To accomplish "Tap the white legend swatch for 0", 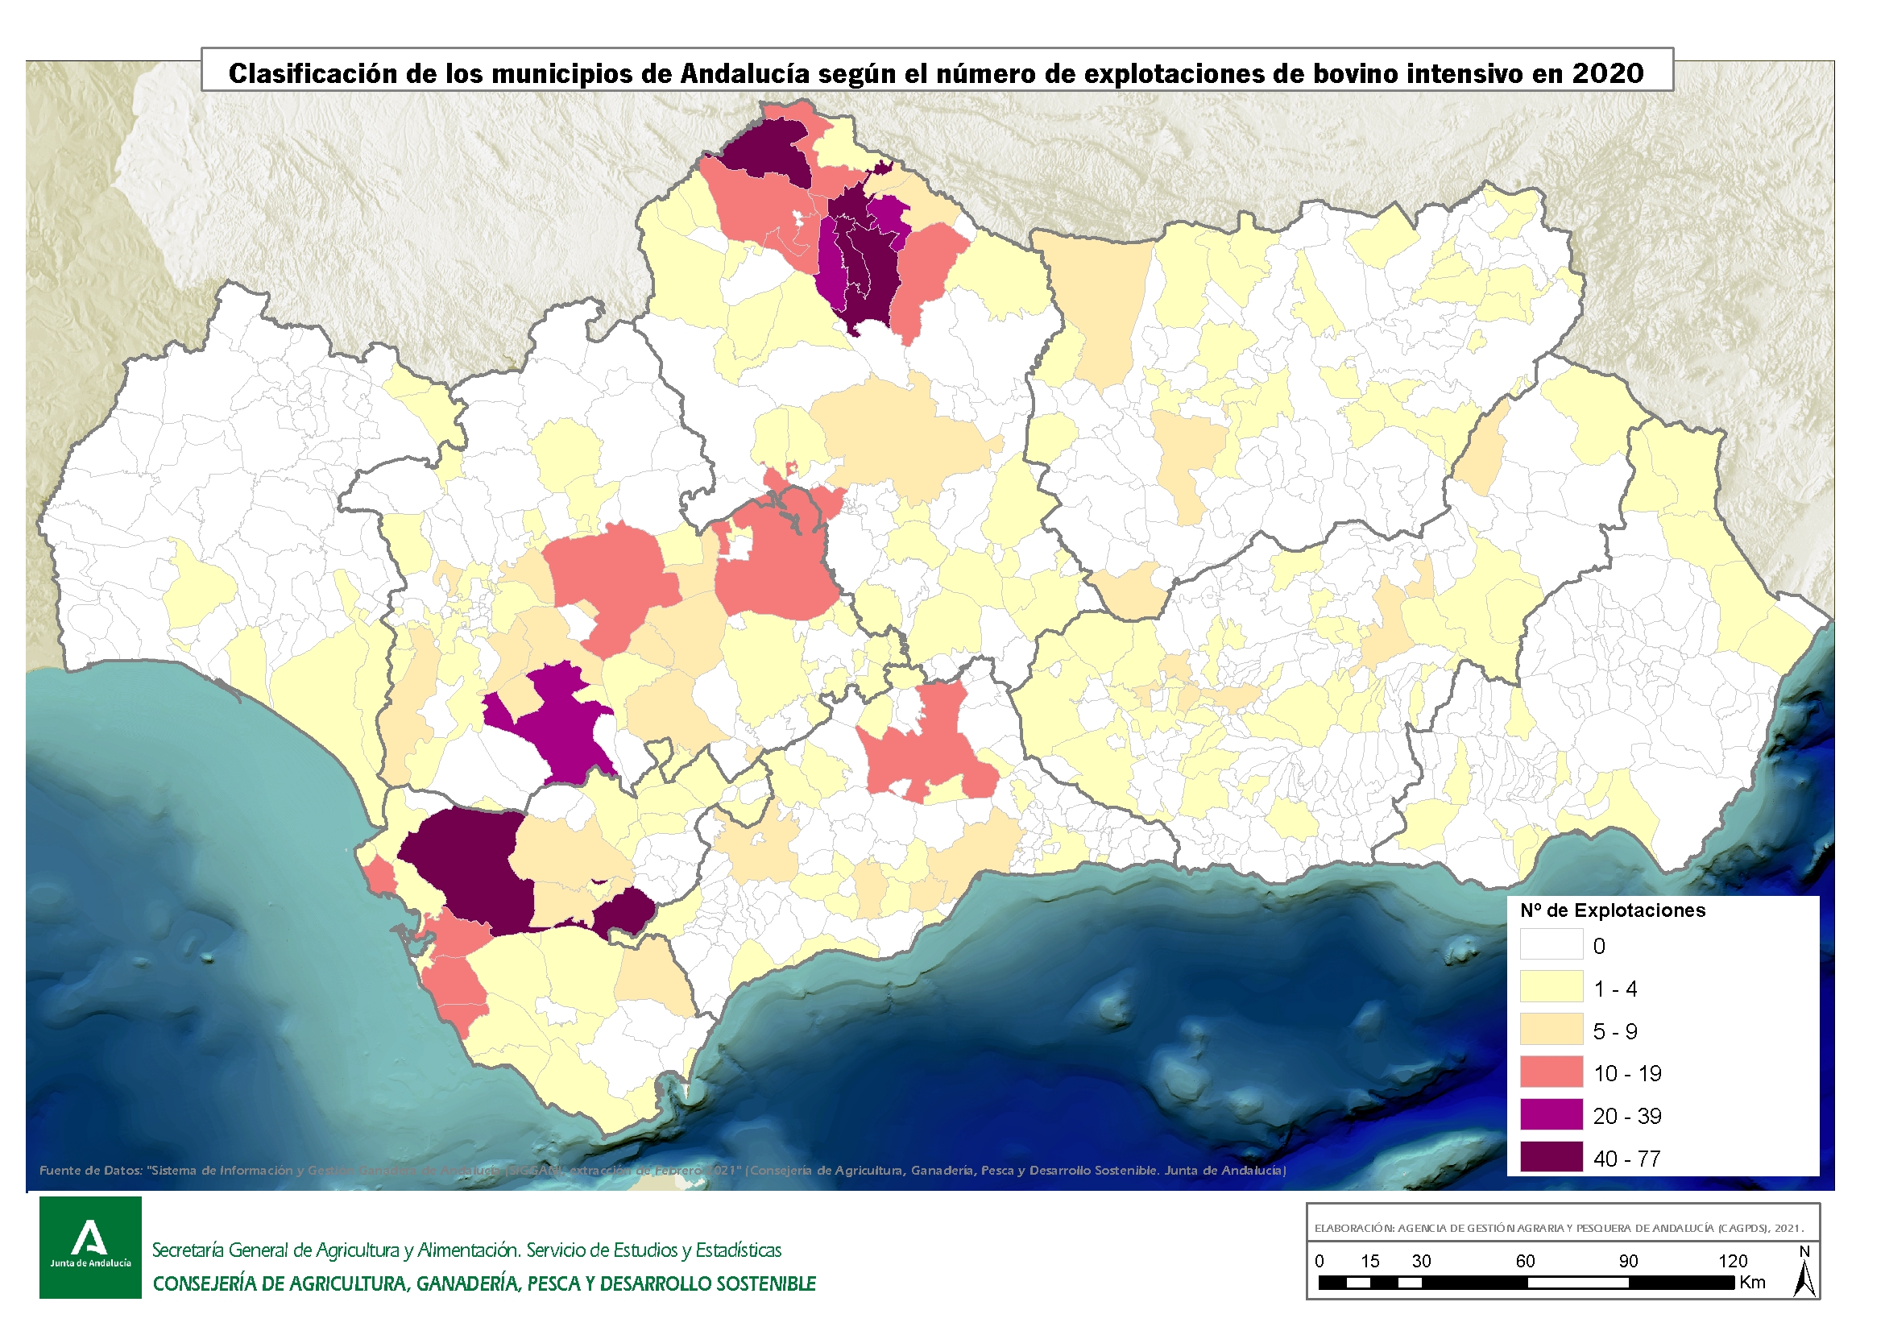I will point(1551,944).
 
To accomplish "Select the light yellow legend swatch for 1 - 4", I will point(1551,987).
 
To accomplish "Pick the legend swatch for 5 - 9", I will point(1551,1030).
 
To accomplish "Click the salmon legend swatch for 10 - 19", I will point(1551,1072).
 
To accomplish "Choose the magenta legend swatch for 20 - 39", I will point(1551,1115).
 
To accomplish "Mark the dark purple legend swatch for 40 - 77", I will point(1551,1158).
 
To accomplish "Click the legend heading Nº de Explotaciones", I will point(1613,910).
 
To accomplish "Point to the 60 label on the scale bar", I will point(1525,1261).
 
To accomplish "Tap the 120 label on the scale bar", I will point(1732,1261).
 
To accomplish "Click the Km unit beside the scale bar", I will point(1752,1283).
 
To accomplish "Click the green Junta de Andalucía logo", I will point(90,1247).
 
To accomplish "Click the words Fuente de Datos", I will point(90,1170).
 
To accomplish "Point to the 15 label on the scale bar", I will point(1369,1261).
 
